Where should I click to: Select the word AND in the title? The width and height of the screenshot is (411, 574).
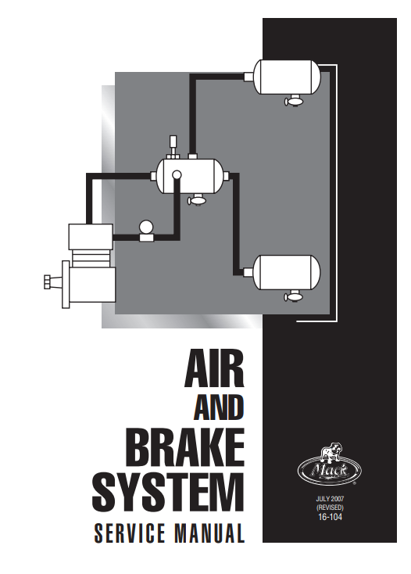pyautogui.click(x=219, y=407)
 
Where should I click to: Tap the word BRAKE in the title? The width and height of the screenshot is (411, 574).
pyautogui.click(x=187, y=447)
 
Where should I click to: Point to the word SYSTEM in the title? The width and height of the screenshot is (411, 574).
pyautogui.click(x=168, y=492)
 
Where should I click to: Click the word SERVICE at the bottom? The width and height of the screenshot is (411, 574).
pyautogui.click(x=130, y=533)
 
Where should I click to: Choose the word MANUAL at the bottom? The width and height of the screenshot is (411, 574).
pyautogui.click(x=209, y=533)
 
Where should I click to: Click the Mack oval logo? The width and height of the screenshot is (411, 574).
pyautogui.click(x=330, y=471)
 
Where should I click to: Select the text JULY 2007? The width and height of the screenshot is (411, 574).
pyautogui.click(x=330, y=500)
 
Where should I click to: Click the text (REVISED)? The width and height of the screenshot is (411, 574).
pyautogui.click(x=330, y=508)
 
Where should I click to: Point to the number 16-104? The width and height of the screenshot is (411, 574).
pyautogui.click(x=330, y=517)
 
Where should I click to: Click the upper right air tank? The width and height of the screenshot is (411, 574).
pyautogui.click(x=288, y=77)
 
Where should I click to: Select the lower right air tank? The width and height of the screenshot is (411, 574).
pyautogui.click(x=288, y=272)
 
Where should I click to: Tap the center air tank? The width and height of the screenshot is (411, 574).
pyautogui.click(x=191, y=176)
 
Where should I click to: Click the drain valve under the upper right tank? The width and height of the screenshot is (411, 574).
pyautogui.click(x=294, y=100)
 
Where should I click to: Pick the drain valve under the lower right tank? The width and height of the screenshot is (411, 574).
pyautogui.click(x=294, y=296)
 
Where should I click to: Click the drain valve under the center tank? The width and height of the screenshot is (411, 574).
pyautogui.click(x=197, y=200)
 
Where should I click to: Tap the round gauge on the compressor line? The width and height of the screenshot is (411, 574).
pyautogui.click(x=146, y=231)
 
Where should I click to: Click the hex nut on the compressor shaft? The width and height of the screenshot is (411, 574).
pyautogui.click(x=48, y=282)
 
